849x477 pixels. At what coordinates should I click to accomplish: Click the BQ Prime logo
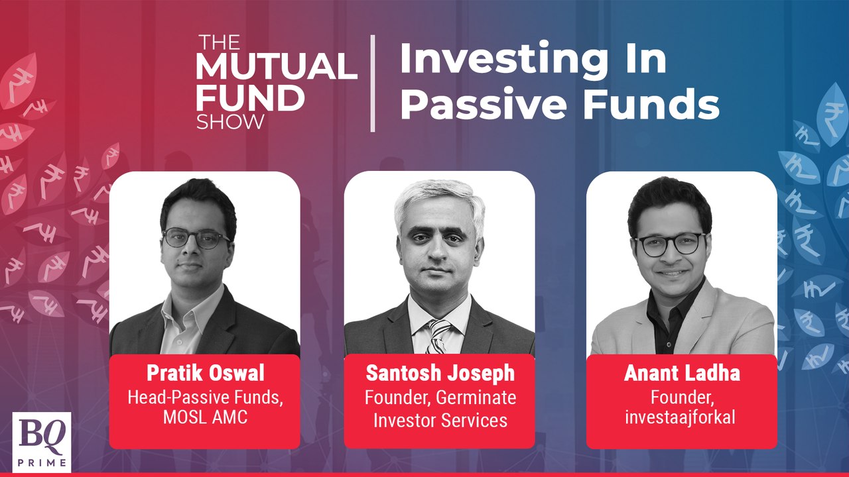point(41,442)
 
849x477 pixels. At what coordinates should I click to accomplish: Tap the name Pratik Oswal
point(204,372)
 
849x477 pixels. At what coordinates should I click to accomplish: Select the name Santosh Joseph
point(439,373)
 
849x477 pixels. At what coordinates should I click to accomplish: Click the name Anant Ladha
point(681,373)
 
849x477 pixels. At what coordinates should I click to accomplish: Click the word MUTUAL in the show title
point(276,67)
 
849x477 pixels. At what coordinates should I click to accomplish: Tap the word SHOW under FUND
point(230,121)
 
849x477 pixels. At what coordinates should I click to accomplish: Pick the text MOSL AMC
point(204,418)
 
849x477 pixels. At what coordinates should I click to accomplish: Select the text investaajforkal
point(681,418)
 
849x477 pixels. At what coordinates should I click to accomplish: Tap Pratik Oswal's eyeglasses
point(196,238)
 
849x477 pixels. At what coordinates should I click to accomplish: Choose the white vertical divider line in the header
point(372,83)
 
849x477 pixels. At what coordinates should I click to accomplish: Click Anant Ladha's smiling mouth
point(671,272)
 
